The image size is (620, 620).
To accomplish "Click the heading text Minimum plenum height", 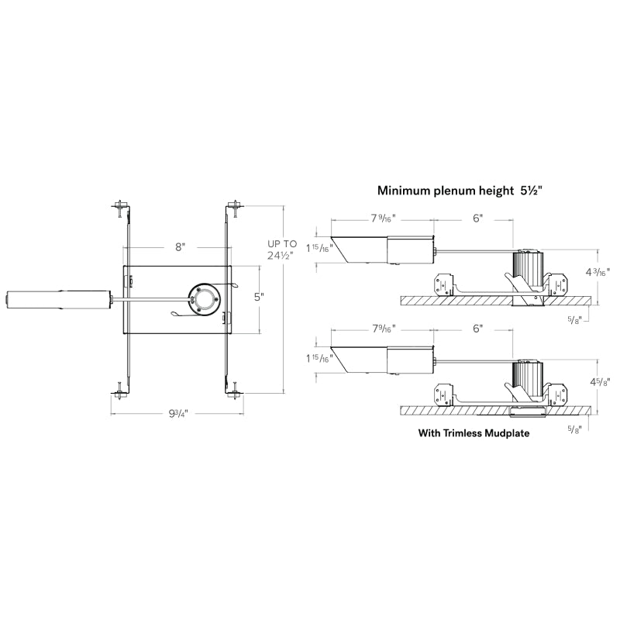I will click(446, 190).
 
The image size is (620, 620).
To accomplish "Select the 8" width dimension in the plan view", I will click(180, 247).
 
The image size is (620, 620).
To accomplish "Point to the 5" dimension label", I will click(260, 297).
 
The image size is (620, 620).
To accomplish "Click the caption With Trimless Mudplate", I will click(474, 434).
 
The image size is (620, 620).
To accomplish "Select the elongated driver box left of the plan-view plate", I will click(58, 298).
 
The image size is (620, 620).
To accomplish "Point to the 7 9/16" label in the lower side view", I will click(383, 329).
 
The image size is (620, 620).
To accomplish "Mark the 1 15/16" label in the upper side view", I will click(318, 248).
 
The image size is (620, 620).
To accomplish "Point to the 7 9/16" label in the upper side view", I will click(383, 219).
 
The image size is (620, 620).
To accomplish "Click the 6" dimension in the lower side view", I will click(478, 329).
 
